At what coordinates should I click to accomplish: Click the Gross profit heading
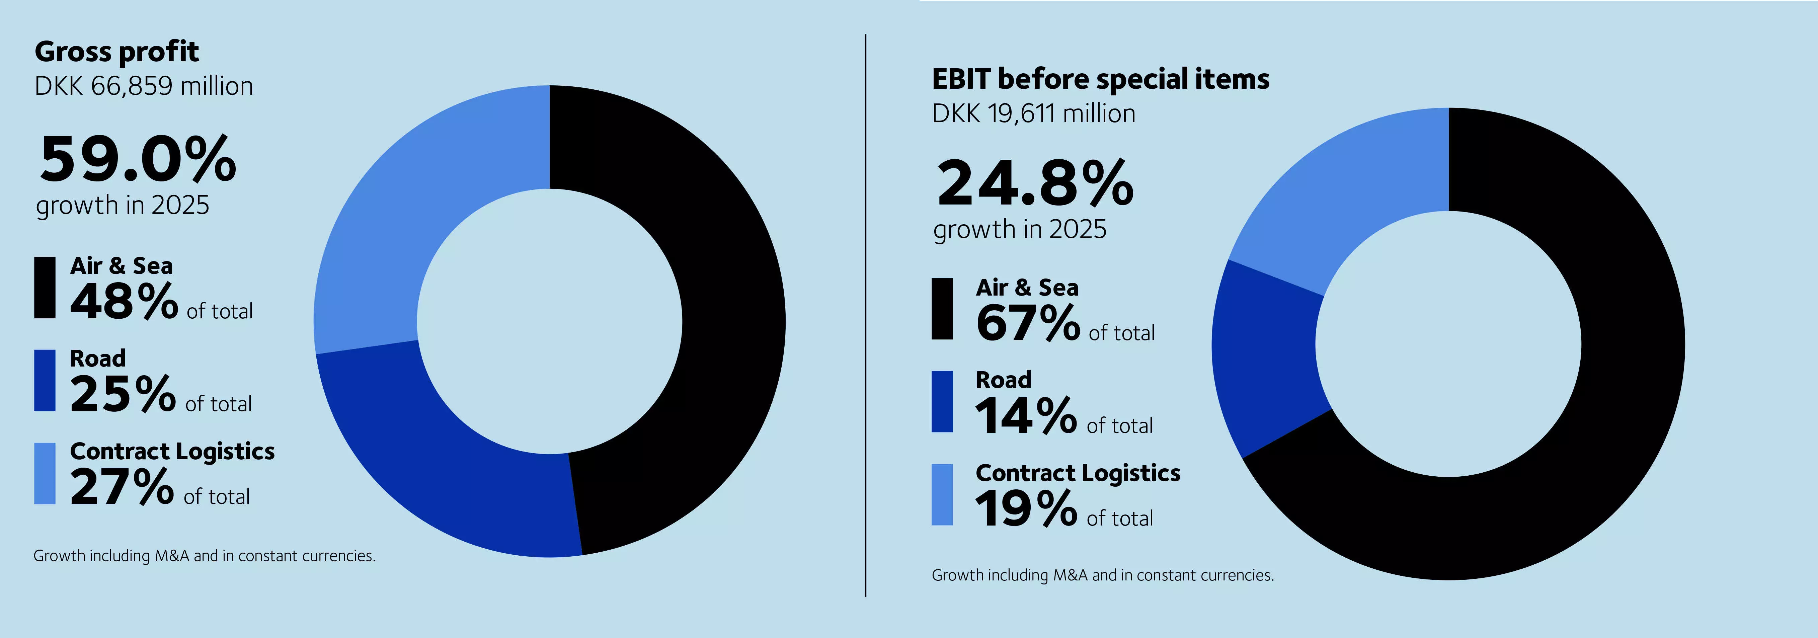pyautogui.click(x=116, y=52)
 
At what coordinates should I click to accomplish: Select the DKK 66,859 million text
pyautogui.click(x=143, y=86)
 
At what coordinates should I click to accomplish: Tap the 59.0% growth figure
pyautogui.click(x=138, y=159)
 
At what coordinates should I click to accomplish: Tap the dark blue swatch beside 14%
pyautogui.click(x=942, y=402)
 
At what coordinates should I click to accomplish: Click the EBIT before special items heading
pyautogui.click(x=1100, y=79)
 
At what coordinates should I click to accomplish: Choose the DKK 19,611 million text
pyautogui.click(x=1033, y=113)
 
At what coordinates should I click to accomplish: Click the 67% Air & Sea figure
pyautogui.click(x=1028, y=323)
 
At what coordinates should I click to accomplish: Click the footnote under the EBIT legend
pyautogui.click(x=1102, y=575)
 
